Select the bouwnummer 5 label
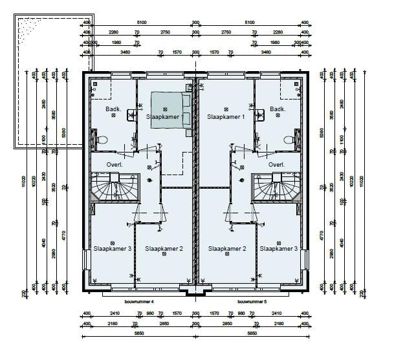pyautogui.click(x=252, y=301)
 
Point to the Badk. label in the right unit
pyautogui.click(x=278, y=109)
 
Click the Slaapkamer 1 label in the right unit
pyautogui.click(x=226, y=118)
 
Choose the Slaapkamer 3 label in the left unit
pyautogui.click(x=112, y=249)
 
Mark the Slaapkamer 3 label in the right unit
pyautogui.click(x=279, y=249)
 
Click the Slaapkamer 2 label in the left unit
pyautogui.click(x=164, y=249)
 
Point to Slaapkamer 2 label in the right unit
pyautogui.click(x=226, y=249)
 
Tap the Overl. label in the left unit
pyautogui.click(x=115, y=165)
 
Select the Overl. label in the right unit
pyautogui.click(x=277, y=165)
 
